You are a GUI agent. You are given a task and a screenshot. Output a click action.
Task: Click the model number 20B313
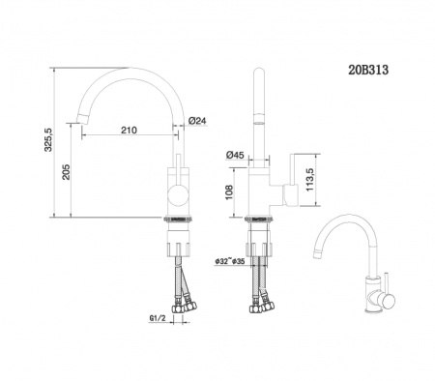(x=368, y=70)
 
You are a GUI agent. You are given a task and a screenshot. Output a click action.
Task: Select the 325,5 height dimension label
(x=48, y=139)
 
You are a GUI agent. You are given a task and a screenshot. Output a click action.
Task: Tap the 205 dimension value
(x=66, y=172)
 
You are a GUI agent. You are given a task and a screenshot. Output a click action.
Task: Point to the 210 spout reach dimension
(x=129, y=131)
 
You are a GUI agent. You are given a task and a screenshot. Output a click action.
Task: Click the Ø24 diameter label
(x=197, y=121)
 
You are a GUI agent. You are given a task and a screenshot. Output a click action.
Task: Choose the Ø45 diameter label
(x=234, y=155)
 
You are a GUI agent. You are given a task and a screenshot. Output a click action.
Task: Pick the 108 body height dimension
(x=229, y=192)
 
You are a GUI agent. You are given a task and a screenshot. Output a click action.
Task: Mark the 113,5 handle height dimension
(x=309, y=179)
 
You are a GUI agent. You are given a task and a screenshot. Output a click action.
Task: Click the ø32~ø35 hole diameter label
(x=229, y=261)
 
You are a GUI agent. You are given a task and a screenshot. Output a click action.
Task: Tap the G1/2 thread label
(x=158, y=318)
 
